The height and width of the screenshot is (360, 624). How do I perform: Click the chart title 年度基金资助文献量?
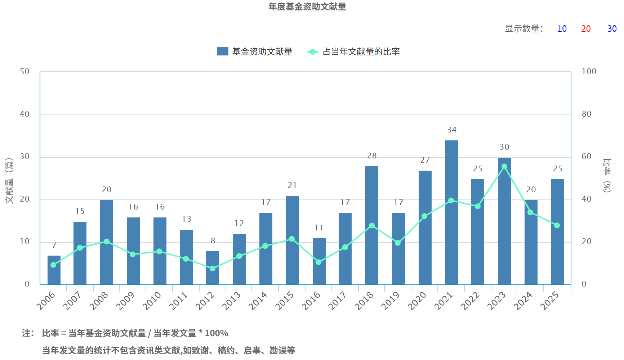(307, 7)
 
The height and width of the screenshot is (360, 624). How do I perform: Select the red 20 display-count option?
(586, 29)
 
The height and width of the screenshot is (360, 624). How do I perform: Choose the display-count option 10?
(562, 29)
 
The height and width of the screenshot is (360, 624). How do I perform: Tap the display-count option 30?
(612, 29)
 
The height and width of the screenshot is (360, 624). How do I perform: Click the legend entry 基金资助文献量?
(255, 52)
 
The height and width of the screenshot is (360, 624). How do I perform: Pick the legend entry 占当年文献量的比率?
(353, 52)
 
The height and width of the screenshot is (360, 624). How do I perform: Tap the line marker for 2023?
(504, 167)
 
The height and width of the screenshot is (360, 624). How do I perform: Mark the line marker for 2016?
(318, 262)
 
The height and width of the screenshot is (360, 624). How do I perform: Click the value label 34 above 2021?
(452, 130)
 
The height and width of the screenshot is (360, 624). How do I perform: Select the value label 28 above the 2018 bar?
(372, 156)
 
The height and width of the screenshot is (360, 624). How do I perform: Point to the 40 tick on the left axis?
(24, 114)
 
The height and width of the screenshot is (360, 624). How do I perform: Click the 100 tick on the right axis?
(589, 72)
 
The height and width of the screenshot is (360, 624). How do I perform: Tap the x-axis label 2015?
(285, 301)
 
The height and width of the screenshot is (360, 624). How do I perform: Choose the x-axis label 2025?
(550, 301)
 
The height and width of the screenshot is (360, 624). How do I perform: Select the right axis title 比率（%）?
(607, 175)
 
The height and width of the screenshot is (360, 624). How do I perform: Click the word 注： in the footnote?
(28, 333)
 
